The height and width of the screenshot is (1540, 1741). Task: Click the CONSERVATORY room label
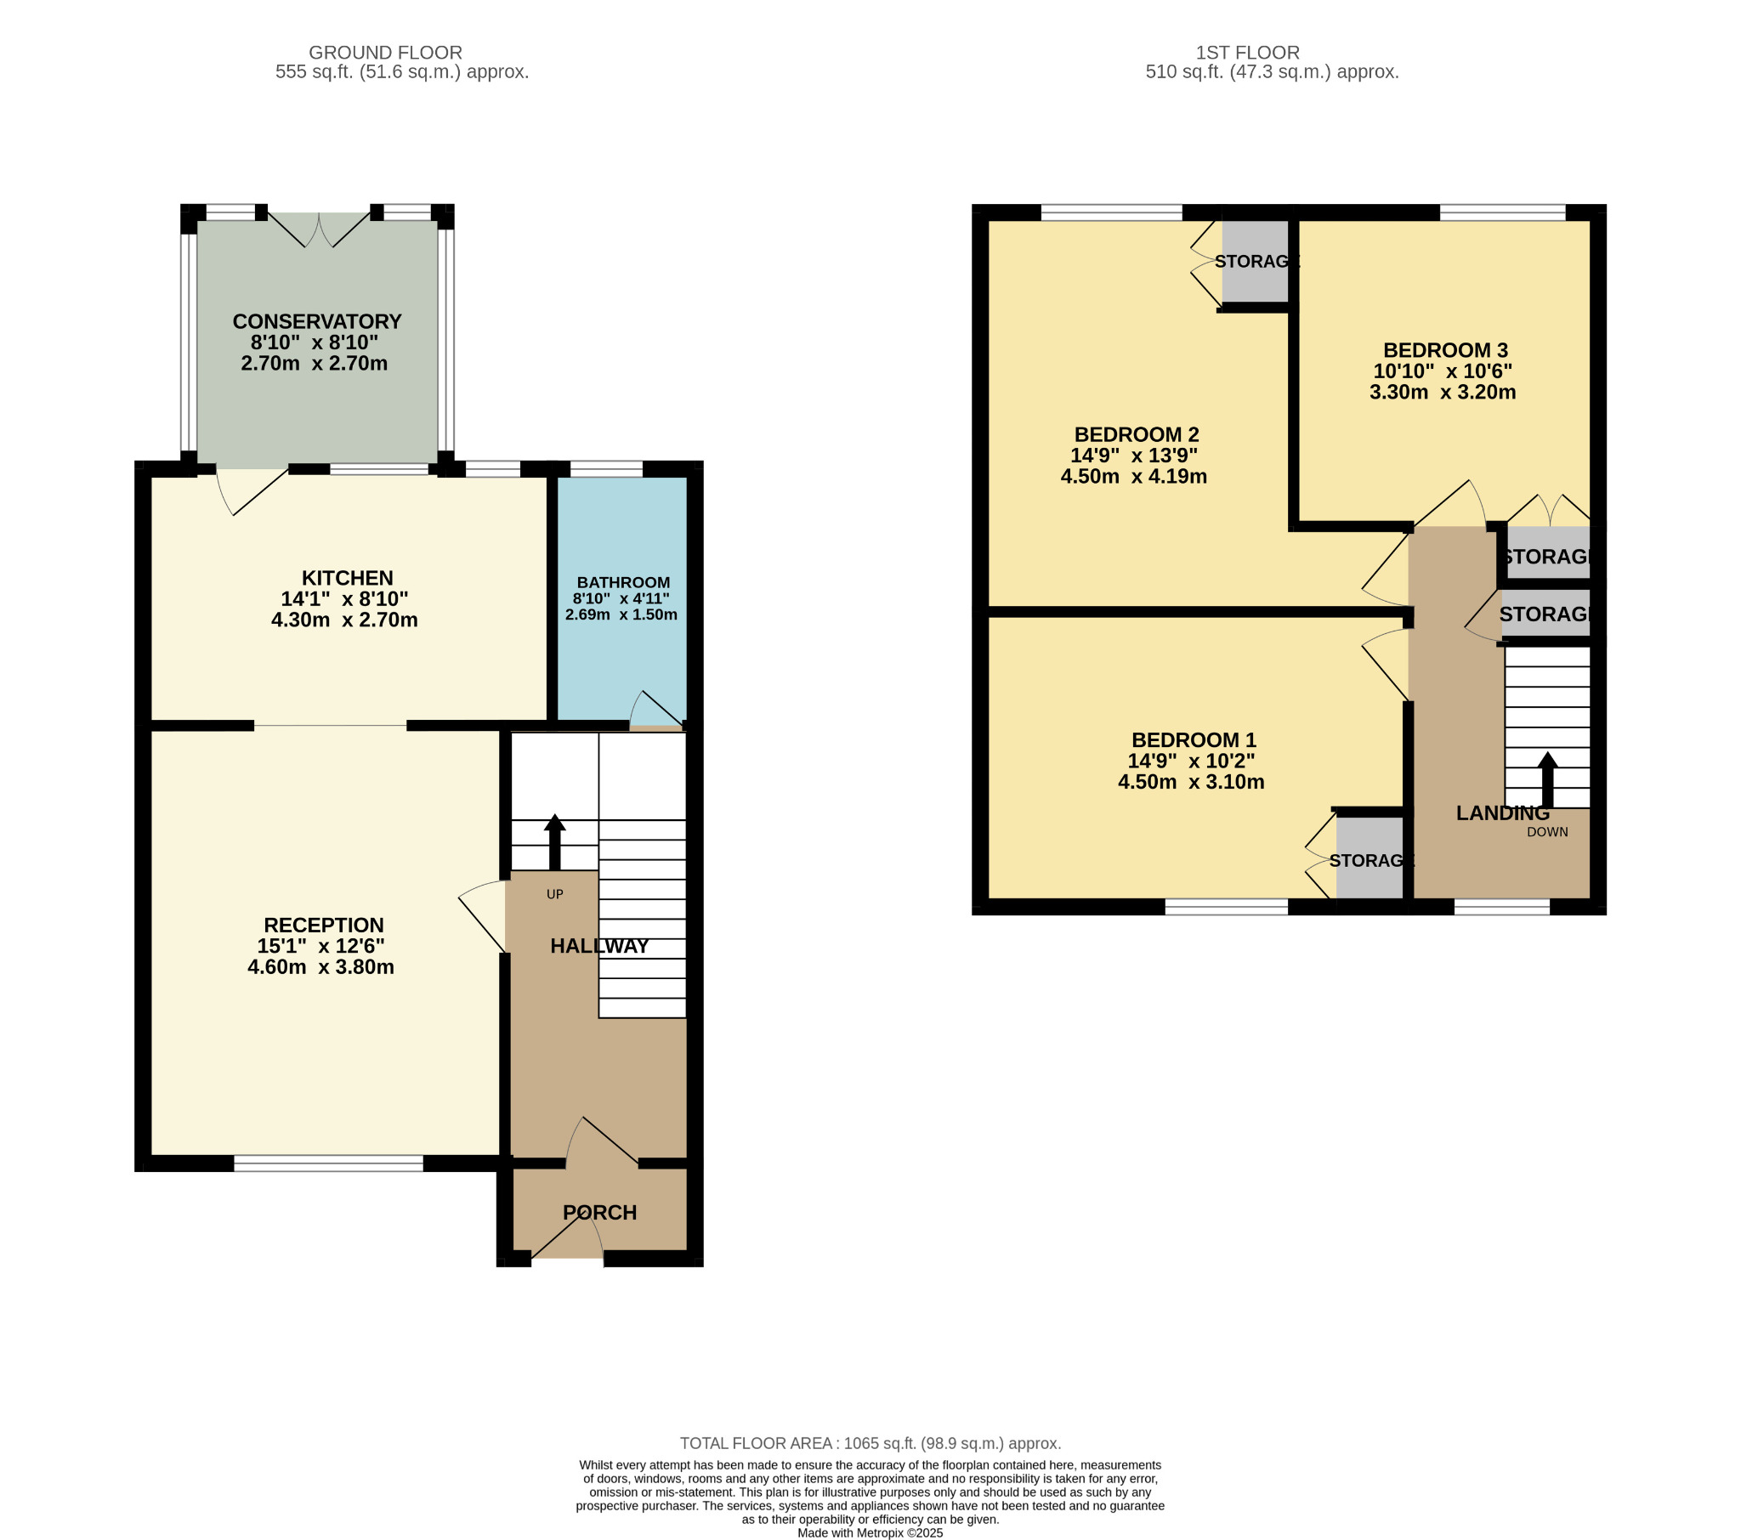tap(317, 321)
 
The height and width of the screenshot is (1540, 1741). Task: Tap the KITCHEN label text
tap(348, 578)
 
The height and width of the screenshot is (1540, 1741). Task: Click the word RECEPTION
tap(324, 925)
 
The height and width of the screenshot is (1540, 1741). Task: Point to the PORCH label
tap(599, 1212)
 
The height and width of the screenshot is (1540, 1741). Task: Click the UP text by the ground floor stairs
tap(554, 894)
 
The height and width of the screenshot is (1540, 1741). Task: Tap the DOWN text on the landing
tap(1547, 832)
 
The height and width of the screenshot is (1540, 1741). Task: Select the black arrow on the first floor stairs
tap(1548, 779)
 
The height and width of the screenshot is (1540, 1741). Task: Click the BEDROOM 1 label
tap(1194, 740)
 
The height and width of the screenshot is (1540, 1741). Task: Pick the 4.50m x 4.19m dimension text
tap(1134, 476)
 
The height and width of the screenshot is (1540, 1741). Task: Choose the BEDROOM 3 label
tap(1445, 350)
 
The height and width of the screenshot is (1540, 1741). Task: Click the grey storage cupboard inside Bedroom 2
tap(1255, 262)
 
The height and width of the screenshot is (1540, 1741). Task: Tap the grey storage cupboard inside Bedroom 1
tap(1369, 858)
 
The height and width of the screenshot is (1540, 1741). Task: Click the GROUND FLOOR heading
tap(385, 53)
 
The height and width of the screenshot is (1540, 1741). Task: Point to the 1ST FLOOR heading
tap(1247, 53)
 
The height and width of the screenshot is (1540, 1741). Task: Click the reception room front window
tap(329, 1163)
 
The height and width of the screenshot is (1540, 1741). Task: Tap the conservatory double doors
tap(320, 229)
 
